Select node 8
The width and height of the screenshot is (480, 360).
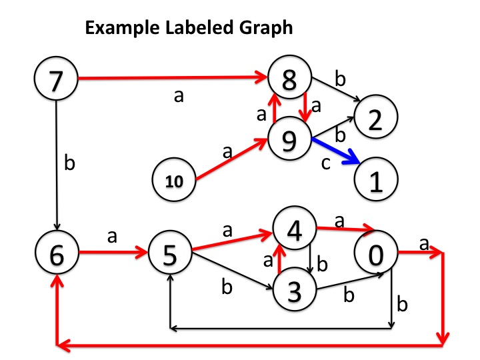(x=289, y=79)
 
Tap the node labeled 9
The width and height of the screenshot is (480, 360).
(x=289, y=139)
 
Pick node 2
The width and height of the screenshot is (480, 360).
(x=375, y=118)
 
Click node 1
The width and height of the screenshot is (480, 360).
(x=375, y=180)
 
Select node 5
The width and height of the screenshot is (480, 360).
(x=170, y=254)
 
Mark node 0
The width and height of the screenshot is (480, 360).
(x=375, y=254)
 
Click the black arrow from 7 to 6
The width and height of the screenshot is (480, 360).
(x=58, y=167)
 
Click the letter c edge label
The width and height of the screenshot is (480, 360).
(x=325, y=163)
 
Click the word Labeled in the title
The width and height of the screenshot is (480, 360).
(x=179, y=29)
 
